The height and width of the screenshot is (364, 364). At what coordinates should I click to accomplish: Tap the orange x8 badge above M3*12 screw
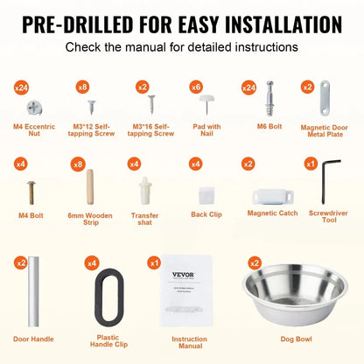point(82,87)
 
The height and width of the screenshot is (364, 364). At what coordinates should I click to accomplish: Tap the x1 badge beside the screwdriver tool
point(311,164)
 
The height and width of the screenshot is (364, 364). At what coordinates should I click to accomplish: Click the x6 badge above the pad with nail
point(197,87)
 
